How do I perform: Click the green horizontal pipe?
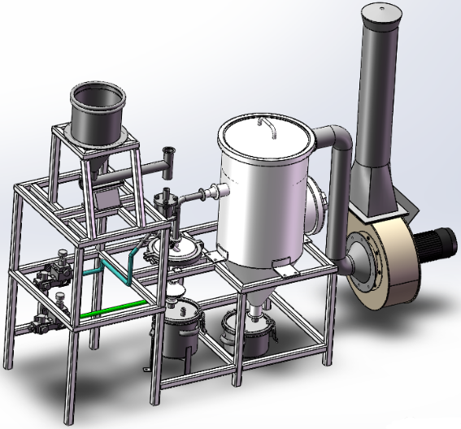click(114, 308)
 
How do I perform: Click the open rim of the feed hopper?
click(97, 89)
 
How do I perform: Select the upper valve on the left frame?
click(59, 271)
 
